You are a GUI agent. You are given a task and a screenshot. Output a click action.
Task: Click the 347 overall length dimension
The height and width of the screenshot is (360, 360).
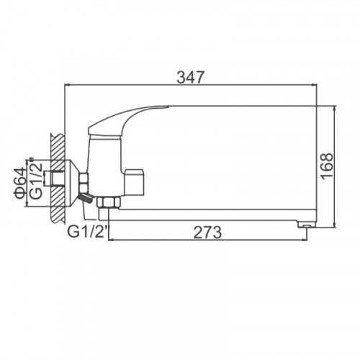tap(190, 77)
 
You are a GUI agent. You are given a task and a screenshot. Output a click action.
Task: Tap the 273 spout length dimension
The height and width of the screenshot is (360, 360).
tap(208, 233)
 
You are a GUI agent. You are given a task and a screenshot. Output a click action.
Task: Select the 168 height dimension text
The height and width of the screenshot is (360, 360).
tap(327, 166)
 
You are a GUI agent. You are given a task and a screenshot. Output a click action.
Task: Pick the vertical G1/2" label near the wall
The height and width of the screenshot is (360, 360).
tap(37, 178)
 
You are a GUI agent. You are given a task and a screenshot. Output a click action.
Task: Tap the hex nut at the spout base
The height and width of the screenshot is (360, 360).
tap(108, 202)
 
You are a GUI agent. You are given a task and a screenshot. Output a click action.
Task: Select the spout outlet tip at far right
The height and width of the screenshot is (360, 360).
tap(307, 224)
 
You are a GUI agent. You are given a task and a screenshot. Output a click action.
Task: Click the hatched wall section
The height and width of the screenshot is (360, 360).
tap(58, 179)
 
